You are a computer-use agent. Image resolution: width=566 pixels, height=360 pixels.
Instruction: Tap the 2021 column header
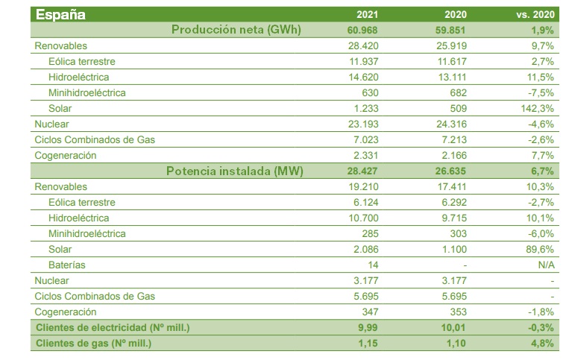(x=368, y=14)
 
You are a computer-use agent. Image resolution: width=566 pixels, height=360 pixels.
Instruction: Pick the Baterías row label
(x=66, y=265)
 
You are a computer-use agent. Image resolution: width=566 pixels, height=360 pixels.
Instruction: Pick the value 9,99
(x=368, y=327)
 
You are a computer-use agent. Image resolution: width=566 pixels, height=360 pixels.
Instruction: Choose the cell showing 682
(x=457, y=92)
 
